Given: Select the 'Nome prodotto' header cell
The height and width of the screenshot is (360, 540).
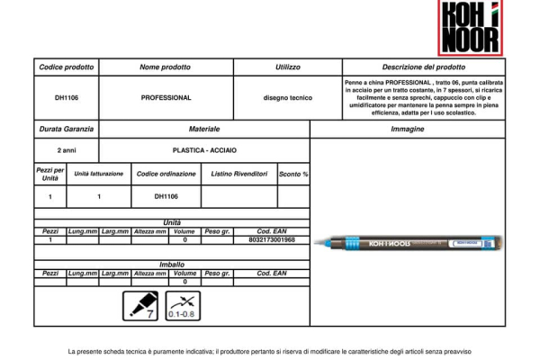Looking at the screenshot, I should coord(166,67).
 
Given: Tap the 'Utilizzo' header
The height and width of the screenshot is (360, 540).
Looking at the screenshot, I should coord(288,67).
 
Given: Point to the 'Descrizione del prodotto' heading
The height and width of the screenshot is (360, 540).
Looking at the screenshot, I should coord(424,67).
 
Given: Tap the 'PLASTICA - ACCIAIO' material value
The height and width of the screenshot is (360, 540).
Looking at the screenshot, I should coord(204,150).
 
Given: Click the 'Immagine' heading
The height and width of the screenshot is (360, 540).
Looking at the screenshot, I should coord(408,130).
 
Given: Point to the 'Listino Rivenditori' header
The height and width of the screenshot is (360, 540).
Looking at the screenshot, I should coord(239,173).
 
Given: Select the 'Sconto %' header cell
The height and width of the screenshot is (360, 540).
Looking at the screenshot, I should coord(293,173).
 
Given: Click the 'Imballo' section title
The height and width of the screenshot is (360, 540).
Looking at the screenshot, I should coord(172,265).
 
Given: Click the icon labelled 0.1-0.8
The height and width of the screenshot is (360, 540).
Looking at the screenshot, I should coord(184,306).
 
